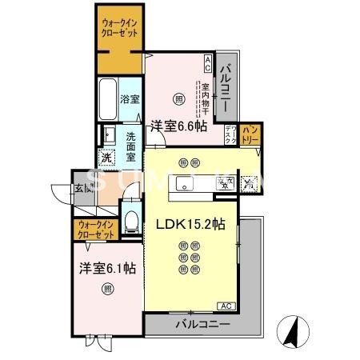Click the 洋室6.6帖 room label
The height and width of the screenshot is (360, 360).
pyautogui.click(x=179, y=126)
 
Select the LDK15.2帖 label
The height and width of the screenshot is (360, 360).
pyautogui.click(x=190, y=225)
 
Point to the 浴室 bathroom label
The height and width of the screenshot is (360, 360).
pyautogui.click(x=130, y=100)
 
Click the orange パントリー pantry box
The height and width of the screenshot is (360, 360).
pyautogui.click(x=250, y=134)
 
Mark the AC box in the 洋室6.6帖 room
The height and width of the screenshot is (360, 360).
pyautogui.click(x=208, y=60)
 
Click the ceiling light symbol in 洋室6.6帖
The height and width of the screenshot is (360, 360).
pyautogui.click(x=179, y=99)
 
